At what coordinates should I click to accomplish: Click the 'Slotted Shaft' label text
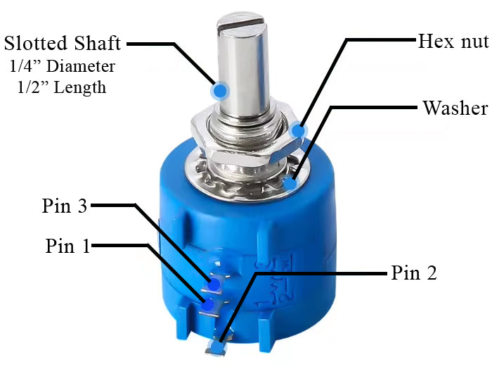63,43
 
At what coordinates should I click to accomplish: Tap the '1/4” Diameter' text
62,66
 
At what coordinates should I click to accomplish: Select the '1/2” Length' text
62,87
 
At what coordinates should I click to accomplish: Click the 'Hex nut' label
453,42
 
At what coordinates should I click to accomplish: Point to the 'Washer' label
455,108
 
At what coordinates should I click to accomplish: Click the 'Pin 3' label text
65,206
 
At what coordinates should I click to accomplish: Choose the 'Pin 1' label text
67,245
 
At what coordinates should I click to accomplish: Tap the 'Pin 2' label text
414,273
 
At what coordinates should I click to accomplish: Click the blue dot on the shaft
220,91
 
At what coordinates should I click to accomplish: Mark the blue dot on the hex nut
298,130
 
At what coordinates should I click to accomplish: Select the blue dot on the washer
291,182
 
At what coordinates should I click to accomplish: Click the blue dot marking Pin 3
214,285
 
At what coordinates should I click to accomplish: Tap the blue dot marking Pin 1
208,305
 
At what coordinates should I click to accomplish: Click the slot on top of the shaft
241,24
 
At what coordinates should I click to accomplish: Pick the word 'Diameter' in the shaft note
81,66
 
